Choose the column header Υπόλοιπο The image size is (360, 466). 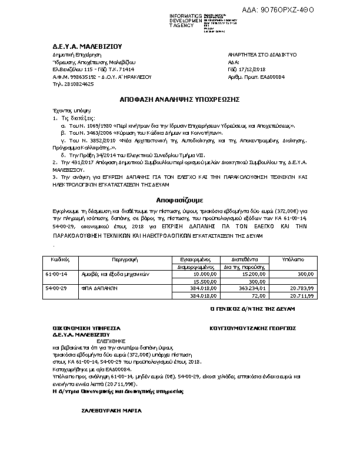(x=310, y=258)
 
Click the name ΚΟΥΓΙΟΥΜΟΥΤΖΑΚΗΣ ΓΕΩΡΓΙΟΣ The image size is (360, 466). (x=252, y=328)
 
